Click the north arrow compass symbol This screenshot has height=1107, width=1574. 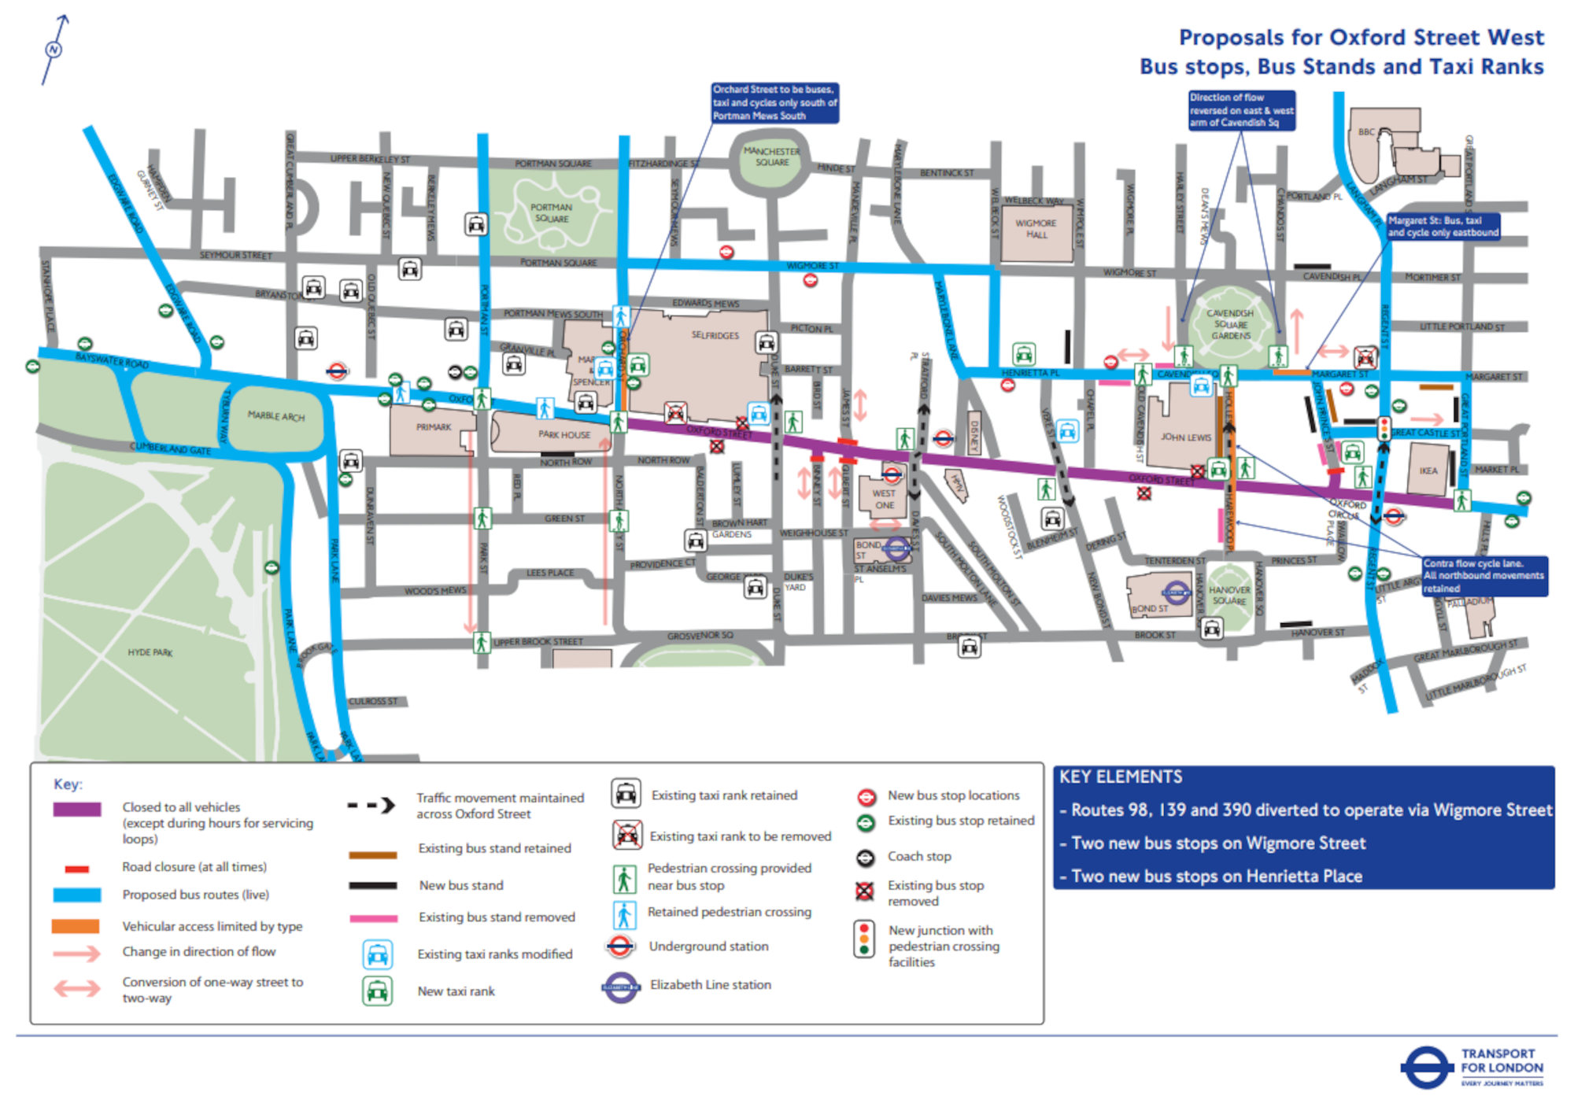tap(54, 50)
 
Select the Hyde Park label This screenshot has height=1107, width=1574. tap(150, 652)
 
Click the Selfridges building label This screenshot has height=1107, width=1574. tap(715, 335)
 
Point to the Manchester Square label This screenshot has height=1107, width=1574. tap(771, 157)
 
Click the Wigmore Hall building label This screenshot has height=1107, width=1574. tap(1036, 229)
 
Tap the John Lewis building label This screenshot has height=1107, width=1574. tap(1185, 437)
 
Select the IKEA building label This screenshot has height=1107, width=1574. tap(1428, 470)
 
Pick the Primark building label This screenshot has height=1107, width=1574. tap(434, 427)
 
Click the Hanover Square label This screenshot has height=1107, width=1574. tap(1229, 595)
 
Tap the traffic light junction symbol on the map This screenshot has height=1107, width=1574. tap(1384, 428)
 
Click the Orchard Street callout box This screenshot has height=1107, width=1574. tap(774, 103)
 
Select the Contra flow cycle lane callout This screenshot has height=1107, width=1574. tap(1484, 576)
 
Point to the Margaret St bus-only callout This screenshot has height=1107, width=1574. tap(1443, 227)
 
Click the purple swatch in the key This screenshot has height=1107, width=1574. tap(76, 809)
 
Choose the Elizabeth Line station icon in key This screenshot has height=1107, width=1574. tap(621, 987)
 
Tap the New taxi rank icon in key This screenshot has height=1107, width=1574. tap(377, 991)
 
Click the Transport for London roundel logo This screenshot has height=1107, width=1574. tap(1426, 1068)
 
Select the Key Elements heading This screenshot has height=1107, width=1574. tap(1121, 777)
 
